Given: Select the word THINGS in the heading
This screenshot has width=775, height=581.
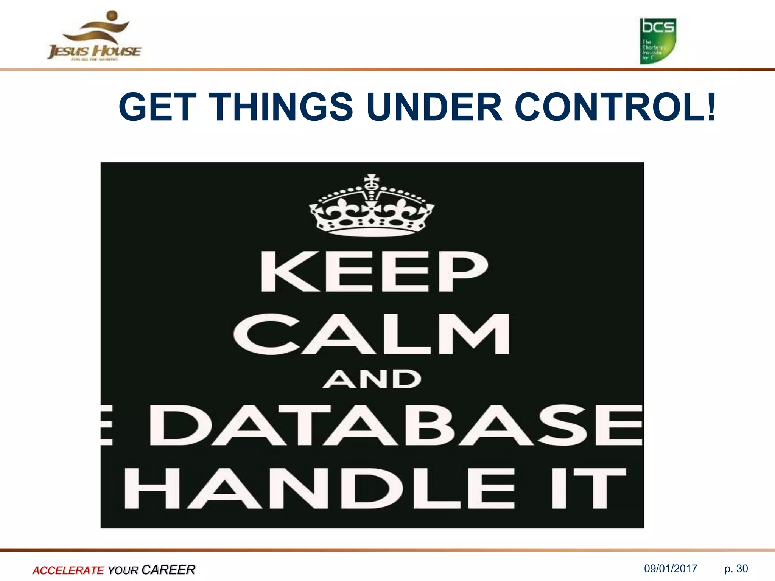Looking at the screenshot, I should point(283,107).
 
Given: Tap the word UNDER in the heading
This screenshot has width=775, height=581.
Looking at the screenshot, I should point(434,107).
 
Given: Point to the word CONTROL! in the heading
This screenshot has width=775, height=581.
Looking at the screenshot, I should point(615,107).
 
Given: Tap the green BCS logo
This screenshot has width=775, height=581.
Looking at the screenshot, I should point(658,41).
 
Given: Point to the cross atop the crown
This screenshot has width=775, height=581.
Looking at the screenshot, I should point(371,180).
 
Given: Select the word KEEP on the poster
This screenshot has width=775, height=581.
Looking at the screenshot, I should point(374,271).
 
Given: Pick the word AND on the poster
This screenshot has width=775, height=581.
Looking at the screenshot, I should point(372,379).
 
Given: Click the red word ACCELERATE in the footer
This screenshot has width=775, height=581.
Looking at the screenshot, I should point(68,570).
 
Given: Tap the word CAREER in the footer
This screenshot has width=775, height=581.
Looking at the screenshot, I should point(168,569).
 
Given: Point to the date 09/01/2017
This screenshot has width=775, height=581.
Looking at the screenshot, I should point(671,569).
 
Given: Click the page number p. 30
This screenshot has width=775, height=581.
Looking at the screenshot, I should point(736,569).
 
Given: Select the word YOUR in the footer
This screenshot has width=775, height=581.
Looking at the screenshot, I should point(123,570).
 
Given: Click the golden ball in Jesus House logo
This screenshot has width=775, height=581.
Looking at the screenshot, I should point(112,16).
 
